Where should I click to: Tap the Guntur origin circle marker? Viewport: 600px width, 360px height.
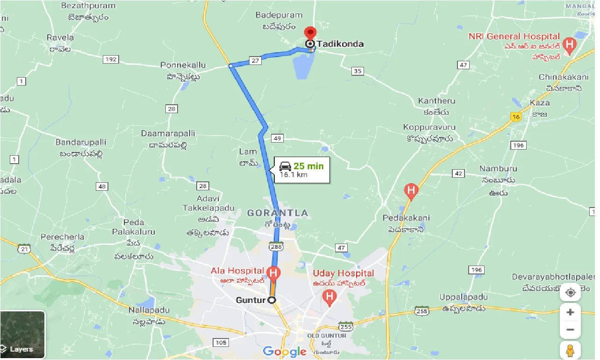coord(271,300)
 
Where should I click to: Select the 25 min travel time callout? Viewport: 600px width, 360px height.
coord(301,170)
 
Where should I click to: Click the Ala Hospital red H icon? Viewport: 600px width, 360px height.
coord(273,272)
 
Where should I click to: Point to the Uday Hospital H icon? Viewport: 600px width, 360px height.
coord(330,296)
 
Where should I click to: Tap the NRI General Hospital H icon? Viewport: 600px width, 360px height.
coord(569,45)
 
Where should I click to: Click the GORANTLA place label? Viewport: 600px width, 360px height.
coord(278,213)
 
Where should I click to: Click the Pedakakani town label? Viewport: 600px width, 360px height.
coord(406,218)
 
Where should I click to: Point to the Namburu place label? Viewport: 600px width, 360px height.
coord(498,168)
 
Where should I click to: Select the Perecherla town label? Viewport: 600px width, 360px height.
coord(62,237)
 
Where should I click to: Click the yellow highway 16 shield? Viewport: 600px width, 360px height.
coord(515,117)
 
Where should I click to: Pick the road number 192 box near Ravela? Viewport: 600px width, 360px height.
coord(111,59)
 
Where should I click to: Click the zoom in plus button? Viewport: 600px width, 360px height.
coord(570,312)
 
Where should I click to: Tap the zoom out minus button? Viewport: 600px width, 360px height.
coord(570,330)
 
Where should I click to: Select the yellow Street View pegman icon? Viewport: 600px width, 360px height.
coord(570,350)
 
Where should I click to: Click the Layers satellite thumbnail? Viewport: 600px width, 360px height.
coord(22,334)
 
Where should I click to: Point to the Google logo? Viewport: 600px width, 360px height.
coord(285,352)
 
